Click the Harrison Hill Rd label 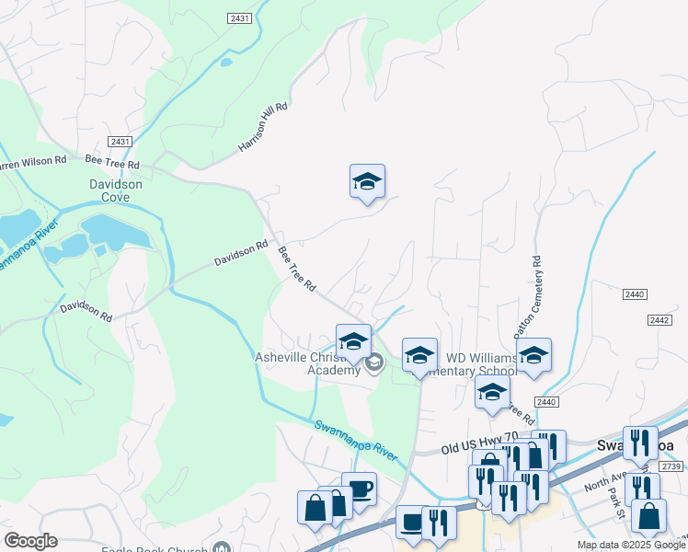(x=263, y=127)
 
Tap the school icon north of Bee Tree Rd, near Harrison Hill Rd (x=367, y=182)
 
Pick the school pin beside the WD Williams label (x=419, y=355)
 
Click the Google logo (x=30, y=541)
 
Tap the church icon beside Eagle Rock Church (x=222, y=546)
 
